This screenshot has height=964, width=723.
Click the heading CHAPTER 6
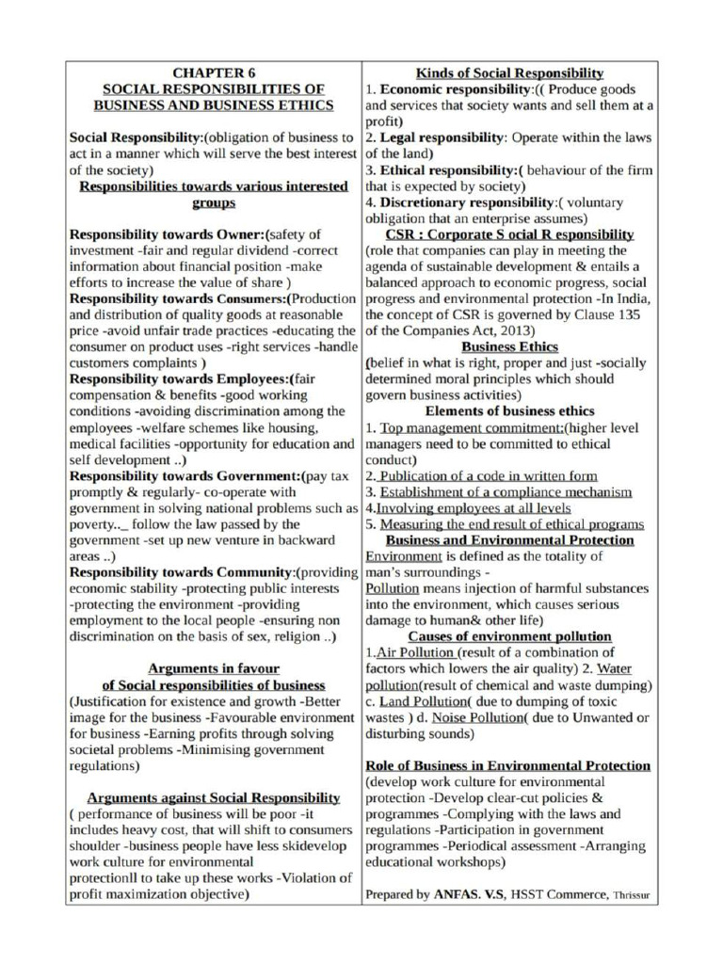[214, 72]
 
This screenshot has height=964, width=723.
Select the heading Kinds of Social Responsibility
[509, 72]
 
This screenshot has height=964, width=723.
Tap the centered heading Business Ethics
[509, 346]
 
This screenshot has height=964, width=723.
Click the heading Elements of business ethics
[509, 411]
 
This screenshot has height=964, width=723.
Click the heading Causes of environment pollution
[509, 636]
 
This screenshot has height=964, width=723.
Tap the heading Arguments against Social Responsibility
[214, 797]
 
